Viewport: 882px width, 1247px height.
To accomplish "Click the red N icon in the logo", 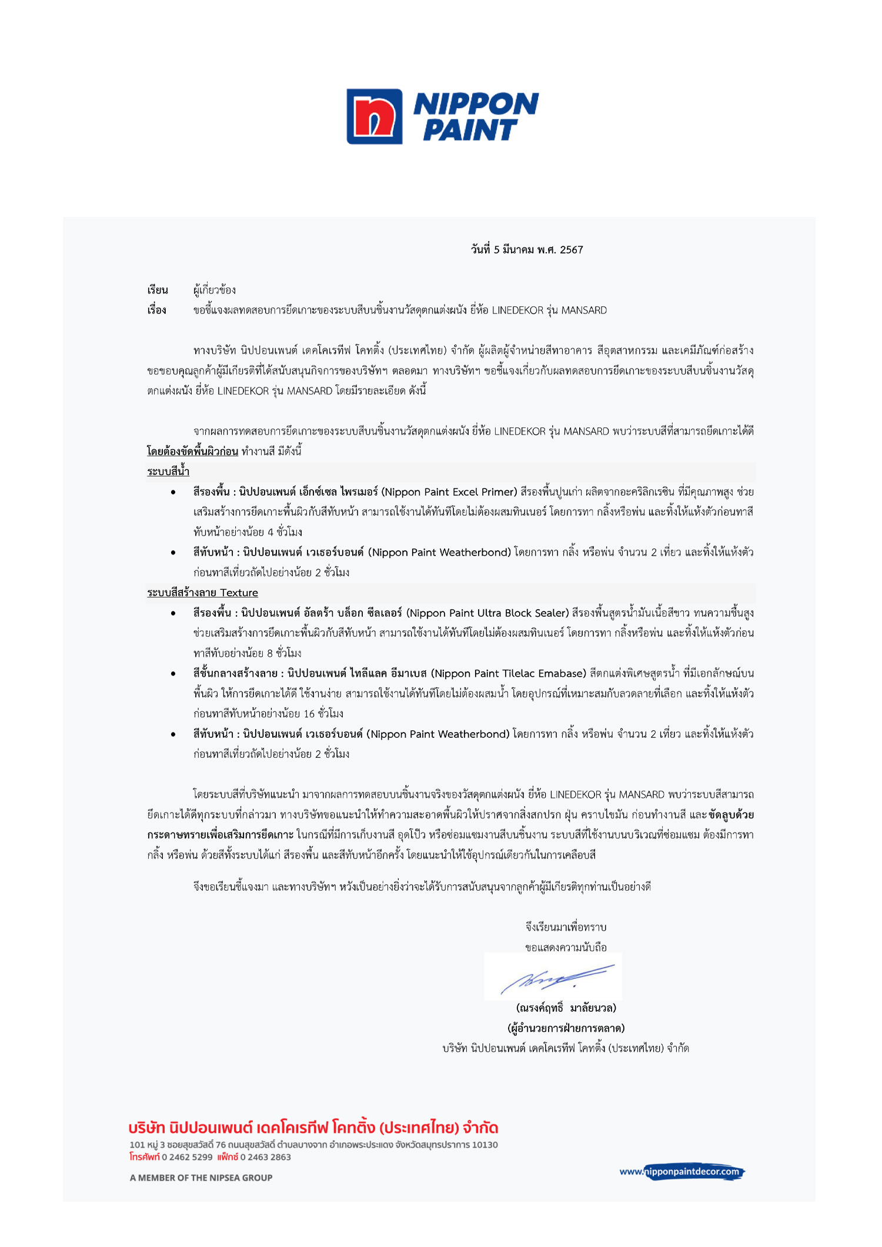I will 375,116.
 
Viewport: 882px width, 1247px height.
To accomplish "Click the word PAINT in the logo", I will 470,131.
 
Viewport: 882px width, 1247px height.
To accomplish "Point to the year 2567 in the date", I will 571,250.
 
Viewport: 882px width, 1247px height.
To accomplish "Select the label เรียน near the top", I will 158,290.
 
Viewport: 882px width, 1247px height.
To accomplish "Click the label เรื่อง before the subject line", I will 157,310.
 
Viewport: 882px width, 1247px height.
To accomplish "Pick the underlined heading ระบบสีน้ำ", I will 168,472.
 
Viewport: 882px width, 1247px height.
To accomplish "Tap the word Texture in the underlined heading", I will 239,593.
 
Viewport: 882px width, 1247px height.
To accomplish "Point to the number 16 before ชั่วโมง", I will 309,714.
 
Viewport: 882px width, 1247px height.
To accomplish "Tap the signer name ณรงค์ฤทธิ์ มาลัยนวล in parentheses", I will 566,1008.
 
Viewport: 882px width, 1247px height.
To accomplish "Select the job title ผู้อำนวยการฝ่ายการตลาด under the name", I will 566,1028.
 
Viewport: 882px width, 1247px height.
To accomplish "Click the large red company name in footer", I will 313,1127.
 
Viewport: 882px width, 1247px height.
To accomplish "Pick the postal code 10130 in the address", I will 485,1145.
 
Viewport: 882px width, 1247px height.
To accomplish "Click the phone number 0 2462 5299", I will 187,1156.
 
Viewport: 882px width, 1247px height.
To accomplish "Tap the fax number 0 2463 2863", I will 265,1156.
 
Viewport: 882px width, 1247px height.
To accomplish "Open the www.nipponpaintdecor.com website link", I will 681,1171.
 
